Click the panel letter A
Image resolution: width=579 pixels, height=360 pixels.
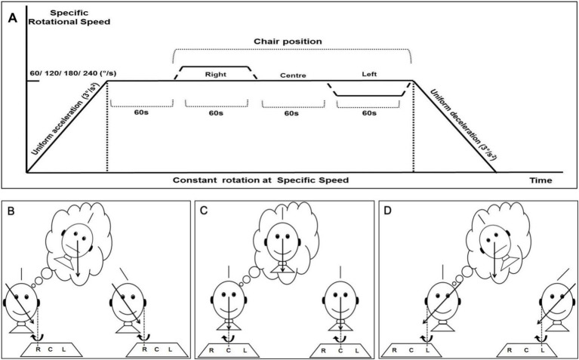pyautogui.click(x=13, y=18)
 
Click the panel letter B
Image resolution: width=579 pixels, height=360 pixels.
pyautogui.click(x=11, y=212)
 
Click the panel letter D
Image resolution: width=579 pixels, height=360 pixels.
pyautogui.click(x=389, y=212)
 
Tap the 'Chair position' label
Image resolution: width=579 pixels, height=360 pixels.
pyautogui.click(x=288, y=42)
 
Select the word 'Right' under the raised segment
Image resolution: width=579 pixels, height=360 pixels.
pyautogui.click(x=216, y=74)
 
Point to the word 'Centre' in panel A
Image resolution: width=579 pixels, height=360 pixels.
pyautogui.click(x=293, y=75)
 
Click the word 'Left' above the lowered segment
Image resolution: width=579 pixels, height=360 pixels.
pyautogui.click(x=369, y=74)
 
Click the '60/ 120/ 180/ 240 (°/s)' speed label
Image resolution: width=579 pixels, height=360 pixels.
pyautogui.click(x=72, y=73)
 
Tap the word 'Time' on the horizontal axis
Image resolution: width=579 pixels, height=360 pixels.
pyautogui.click(x=541, y=180)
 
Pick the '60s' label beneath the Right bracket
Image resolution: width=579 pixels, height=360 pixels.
pyautogui.click(x=215, y=113)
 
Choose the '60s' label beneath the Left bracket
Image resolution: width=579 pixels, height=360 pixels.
pyautogui.click(x=369, y=113)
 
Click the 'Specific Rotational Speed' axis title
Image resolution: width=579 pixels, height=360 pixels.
pyautogui.click(x=69, y=17)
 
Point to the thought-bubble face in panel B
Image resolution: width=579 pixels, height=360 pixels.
pyautogui.click(x=76, y=241)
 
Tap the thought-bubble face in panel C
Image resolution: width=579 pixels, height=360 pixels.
pyautogui.click(x=283, y=241)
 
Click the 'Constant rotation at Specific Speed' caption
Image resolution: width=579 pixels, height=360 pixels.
pyautogui.click(x=260, y=180)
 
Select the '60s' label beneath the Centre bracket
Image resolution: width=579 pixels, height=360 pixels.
pyautogui.click(x=291, y=113)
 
